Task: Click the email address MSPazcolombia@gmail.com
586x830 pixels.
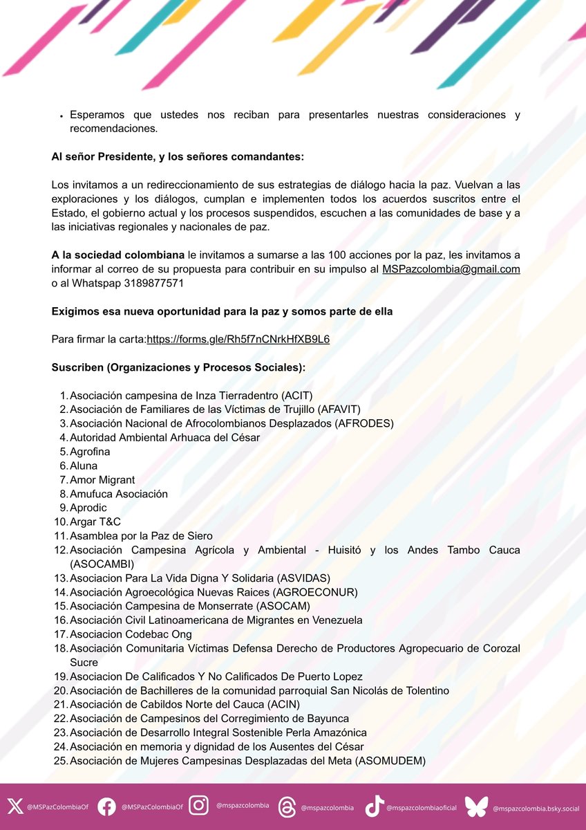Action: [451, 269]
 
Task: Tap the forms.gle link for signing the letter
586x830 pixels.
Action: [238, 340]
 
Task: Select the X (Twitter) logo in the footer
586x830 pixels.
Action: [15, 806]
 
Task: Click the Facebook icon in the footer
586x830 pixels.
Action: [106, 806]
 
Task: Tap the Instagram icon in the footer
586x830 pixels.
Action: [199, 806]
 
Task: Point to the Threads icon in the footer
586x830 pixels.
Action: [286, 806]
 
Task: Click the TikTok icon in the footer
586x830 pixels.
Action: [374, 806]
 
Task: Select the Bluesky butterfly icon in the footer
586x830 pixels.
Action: [476, 806]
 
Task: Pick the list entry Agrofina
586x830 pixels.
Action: [90, 452]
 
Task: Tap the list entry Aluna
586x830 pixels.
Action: [84, 466]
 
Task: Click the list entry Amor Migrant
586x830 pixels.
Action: [102, 480]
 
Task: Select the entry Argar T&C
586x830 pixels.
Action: [95, 522]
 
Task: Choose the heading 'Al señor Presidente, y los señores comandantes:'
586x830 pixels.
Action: [178, 157]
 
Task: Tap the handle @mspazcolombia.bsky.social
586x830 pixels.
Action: [536, 807]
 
